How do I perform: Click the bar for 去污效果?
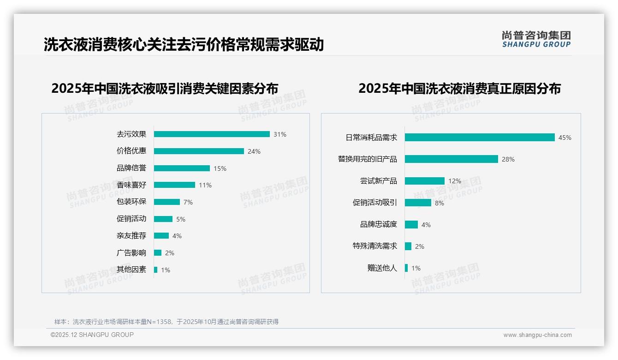(x=212, y=134)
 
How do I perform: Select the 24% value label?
(x=254, y=151)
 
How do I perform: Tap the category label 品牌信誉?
(x=131, y=168)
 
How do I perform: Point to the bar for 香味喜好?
(x=174, y=185)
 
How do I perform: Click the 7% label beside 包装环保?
(x=188, y=202)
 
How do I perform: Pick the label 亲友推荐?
(x=131, y=236)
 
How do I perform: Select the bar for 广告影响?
(x=158, y=253)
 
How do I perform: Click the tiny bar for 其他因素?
(x=155, y=270)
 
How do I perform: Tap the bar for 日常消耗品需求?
(x=480, y=138)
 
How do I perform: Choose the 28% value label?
(x=508, y=159)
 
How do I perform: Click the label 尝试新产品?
(x=378, y=181)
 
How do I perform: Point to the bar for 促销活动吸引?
(x=418, y=203)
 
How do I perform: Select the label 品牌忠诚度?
(x=378, y=224)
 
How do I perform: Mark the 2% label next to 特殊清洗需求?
(x=419, y=246)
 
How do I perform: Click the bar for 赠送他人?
(x=406, y=268)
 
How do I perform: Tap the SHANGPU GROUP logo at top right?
(x=536, y=39)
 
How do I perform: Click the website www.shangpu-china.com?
(x=537, y=335)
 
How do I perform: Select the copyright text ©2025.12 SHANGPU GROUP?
(x=92, y=335)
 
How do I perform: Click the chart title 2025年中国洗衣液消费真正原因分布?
(x=459, y=89)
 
